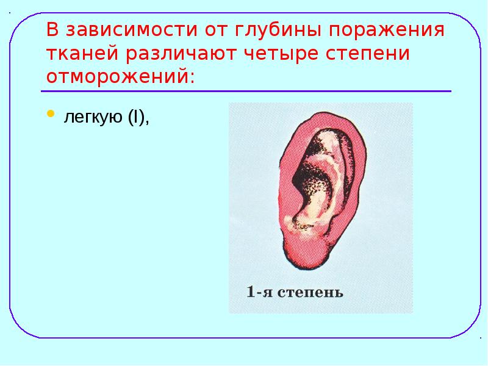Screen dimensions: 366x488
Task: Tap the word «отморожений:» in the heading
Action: click(x=122, y=77)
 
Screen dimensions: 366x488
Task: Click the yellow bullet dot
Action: click(x=51, y=114)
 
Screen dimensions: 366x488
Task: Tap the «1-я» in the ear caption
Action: click(x=259, y=292)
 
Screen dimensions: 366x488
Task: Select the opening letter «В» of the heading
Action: click(x=54, y=30)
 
